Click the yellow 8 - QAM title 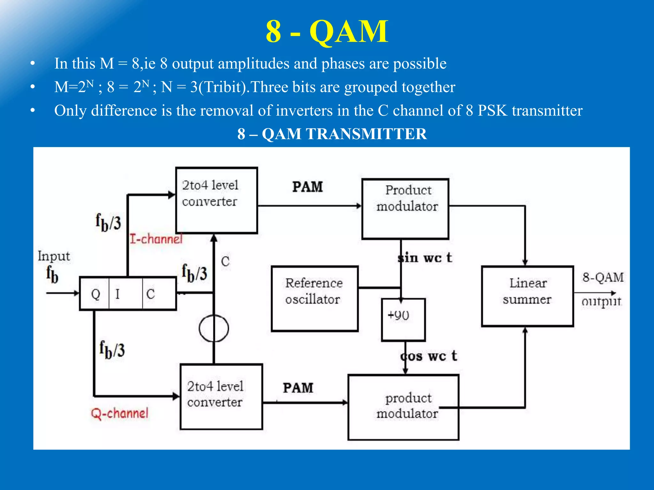(327, 32)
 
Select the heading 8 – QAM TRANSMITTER (332, 134)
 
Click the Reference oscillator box (314, 299)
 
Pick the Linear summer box (527, 296)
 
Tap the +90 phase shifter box (403, 320)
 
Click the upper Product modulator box (405, 209)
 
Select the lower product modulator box (403, 407)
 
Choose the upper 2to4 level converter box (217, 200)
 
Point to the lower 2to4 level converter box (221, 397)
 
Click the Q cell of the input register (95, 294)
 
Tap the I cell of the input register (125, 294)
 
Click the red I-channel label (156, 239)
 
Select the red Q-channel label (120, 413)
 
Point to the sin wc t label (425, 257)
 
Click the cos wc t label (429, 356)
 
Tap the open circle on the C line (214, 328)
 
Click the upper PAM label (308, 187)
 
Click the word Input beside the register (54, 256)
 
